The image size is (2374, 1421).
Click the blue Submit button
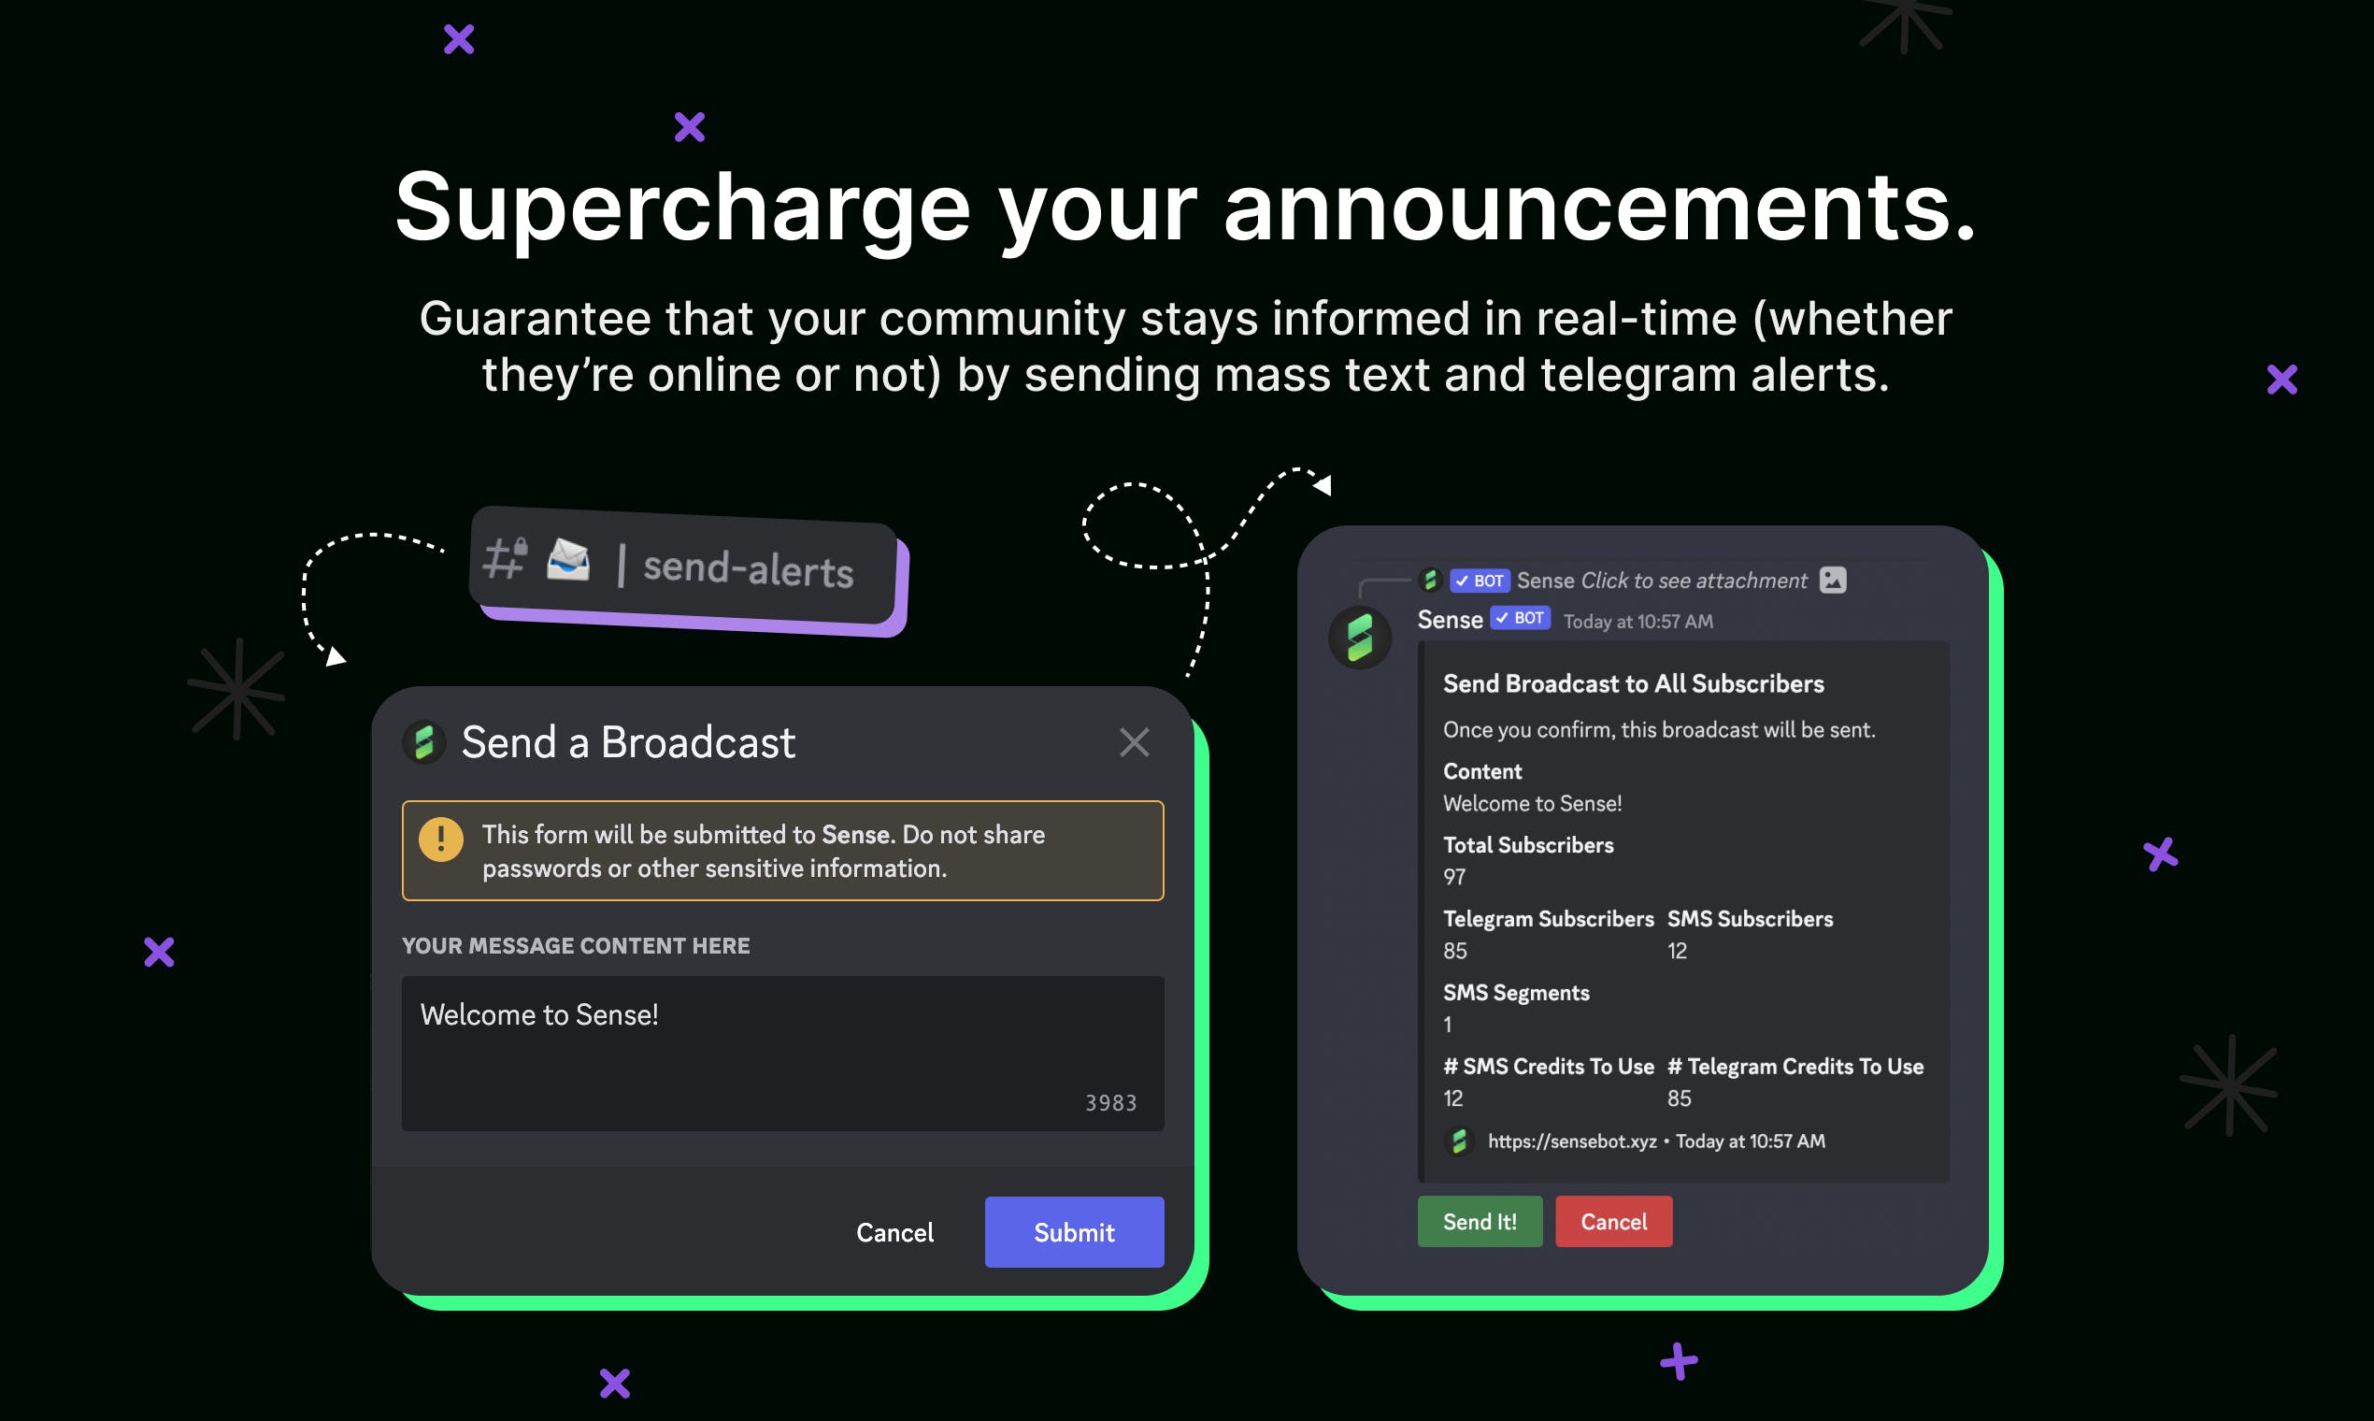1074,1231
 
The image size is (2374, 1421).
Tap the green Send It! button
1480,1221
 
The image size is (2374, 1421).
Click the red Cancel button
1614,1221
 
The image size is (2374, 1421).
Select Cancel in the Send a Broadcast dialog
894,1232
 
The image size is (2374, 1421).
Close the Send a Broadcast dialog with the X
1135,742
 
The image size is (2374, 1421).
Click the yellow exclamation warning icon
440,840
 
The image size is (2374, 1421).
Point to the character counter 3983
1110,1103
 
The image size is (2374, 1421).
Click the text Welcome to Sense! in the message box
539,1015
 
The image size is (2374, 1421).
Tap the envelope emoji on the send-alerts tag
567,559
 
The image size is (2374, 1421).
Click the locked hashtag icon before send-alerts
506,557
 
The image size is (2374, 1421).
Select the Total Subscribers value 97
1454,877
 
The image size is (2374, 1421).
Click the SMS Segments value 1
1448,1025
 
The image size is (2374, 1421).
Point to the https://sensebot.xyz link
1572,1141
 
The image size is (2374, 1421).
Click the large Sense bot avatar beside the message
1359,638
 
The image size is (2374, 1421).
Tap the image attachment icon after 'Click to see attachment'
1832,580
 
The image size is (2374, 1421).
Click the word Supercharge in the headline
683,209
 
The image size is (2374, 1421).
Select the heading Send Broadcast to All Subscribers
1633,683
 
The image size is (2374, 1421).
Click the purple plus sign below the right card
1679,1360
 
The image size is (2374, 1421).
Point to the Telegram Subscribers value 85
1455,951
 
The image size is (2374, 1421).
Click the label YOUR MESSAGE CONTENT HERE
576,946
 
